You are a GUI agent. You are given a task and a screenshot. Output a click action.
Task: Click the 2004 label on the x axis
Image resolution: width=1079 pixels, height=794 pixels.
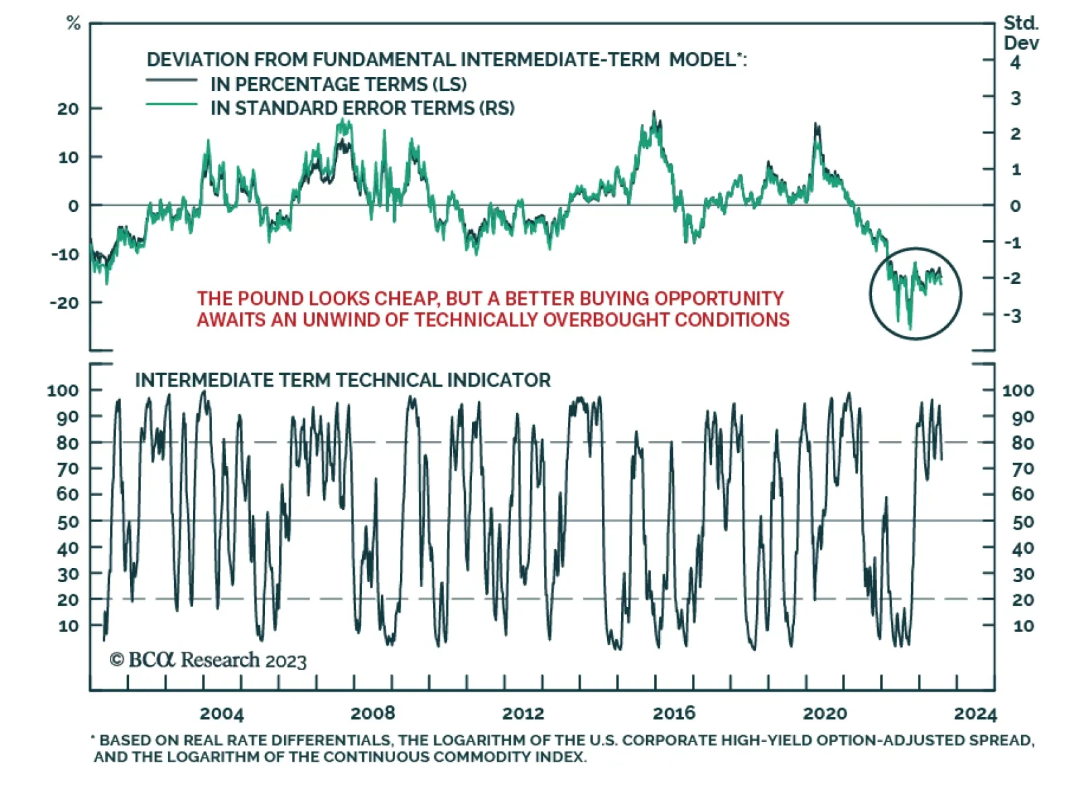221,714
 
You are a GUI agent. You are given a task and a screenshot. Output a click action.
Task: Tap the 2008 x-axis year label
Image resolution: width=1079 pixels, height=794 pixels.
372,714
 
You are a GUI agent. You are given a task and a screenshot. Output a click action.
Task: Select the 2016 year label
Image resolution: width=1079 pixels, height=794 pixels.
674,714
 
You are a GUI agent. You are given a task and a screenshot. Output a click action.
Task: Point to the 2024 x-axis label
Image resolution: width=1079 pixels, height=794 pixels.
975,714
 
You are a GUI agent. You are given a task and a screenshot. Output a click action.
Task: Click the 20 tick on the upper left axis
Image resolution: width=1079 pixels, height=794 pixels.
67,109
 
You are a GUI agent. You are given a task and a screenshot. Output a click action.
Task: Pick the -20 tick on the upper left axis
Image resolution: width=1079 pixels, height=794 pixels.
65,303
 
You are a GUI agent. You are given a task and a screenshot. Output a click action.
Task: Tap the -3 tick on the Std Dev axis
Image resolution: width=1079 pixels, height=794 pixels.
1014,316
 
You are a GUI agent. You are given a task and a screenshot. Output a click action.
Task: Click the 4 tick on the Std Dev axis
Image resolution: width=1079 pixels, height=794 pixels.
1016,63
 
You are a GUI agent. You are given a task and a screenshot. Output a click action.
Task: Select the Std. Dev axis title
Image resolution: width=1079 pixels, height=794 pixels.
1021,33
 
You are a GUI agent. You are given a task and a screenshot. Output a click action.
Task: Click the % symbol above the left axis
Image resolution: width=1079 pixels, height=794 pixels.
74,24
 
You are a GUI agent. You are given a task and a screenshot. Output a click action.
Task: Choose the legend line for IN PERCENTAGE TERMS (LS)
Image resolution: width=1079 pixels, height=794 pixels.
172,80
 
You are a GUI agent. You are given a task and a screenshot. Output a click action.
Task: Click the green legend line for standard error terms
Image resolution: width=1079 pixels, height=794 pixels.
172,105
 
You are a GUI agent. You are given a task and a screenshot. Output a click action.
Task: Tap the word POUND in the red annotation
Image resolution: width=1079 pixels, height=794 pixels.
274,298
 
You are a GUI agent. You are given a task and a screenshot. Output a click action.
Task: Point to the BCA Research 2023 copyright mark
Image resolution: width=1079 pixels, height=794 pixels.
208,660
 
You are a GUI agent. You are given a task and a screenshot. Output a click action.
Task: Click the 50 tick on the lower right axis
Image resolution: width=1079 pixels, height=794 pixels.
1023,522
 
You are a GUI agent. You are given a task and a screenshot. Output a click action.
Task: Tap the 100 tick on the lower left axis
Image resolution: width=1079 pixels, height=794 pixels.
63,391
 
